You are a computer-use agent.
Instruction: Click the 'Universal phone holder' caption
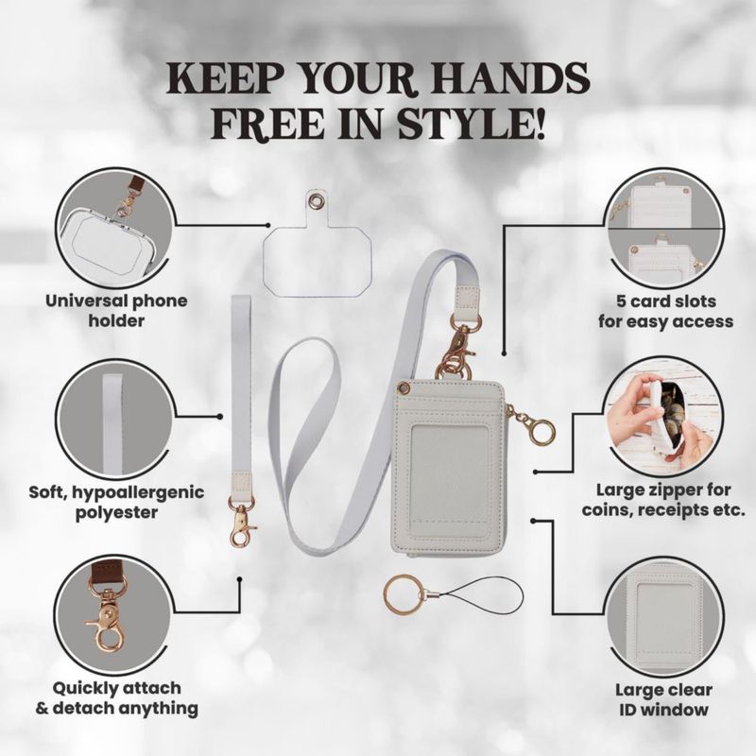[x=116, y=311]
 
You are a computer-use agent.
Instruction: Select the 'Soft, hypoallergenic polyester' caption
[x=116, y=502]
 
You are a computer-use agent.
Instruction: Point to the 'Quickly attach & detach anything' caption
[x=116, y=698]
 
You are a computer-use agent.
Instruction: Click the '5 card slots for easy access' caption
[x=666, y=312]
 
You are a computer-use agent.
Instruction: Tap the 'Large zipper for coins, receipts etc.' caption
[x=663, y=500]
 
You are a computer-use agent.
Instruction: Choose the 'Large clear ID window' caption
[x=663, y=699]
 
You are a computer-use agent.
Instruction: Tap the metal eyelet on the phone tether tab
[x=318, y=199]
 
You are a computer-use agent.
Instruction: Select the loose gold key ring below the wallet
[x=403, y=597]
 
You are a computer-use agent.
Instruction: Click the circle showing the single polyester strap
[x=113, y=419]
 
